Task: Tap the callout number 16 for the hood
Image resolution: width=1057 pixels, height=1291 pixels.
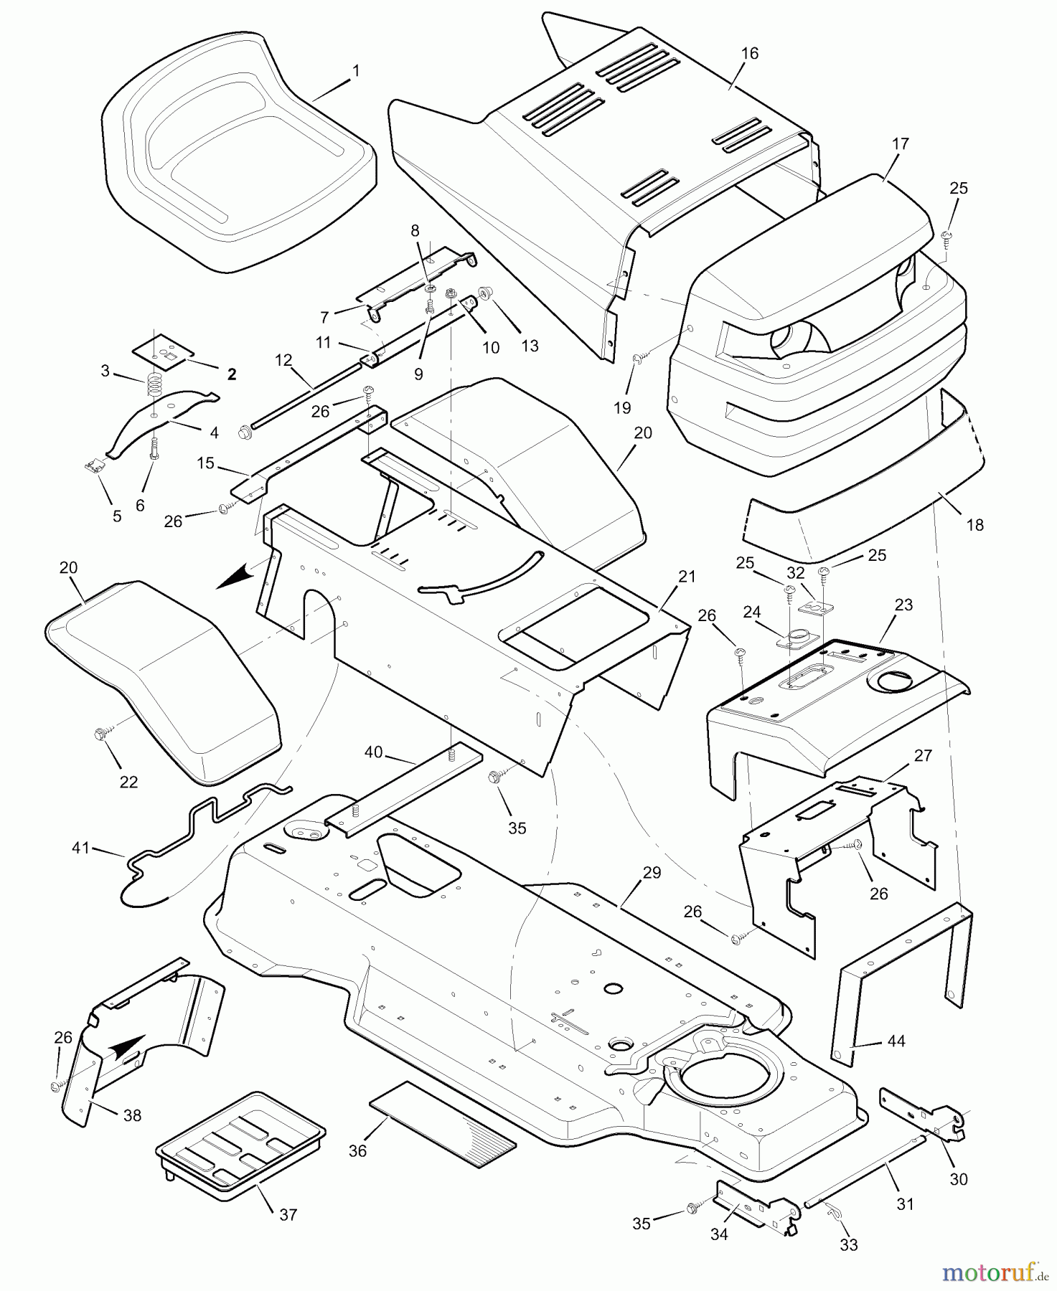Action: pyautogui.click(x=749, y=53)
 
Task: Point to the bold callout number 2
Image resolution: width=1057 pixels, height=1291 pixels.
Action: pyautogui.click(x=231, y=374)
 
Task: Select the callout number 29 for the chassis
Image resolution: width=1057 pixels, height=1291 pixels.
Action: pyautogui.click(x=652, y=873)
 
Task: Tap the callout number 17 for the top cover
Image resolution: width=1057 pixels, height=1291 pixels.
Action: pyautogui.click(x=900, y=143)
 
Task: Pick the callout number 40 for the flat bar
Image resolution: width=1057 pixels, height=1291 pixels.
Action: pyautogui.click(x=374, y=752)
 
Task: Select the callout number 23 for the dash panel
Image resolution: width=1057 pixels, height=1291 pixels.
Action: pyautogui.click(x=903, y=605)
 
